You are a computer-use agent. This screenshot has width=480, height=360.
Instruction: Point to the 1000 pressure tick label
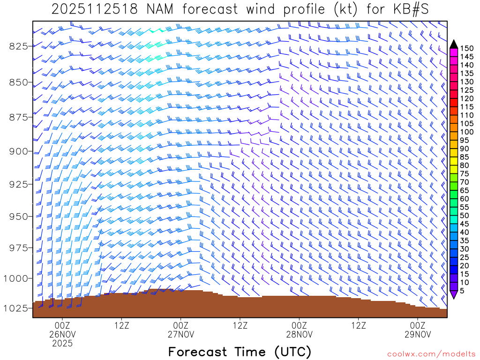(16, 278)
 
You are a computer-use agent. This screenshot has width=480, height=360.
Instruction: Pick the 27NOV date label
(180, 334)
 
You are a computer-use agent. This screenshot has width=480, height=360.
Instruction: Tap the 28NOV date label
(299, 334)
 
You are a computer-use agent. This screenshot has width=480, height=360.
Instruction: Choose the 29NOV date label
(418, 334)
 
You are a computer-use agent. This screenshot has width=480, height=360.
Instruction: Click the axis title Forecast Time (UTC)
(240, 352)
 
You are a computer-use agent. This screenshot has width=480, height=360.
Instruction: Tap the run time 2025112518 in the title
(94, 9)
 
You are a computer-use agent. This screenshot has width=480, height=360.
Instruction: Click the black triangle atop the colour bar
(454, 44)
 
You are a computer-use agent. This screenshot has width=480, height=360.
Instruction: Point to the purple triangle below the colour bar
(454, 295)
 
